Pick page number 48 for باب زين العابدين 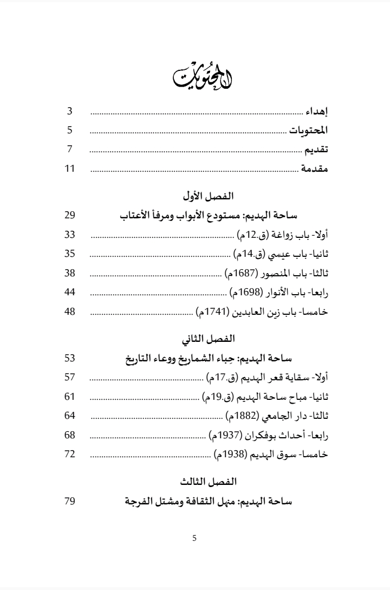(x=69, y=312)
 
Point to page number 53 (x=69, y=358)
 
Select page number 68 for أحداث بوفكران (x=69, y=435)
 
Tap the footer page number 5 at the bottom (x=194, y=538)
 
